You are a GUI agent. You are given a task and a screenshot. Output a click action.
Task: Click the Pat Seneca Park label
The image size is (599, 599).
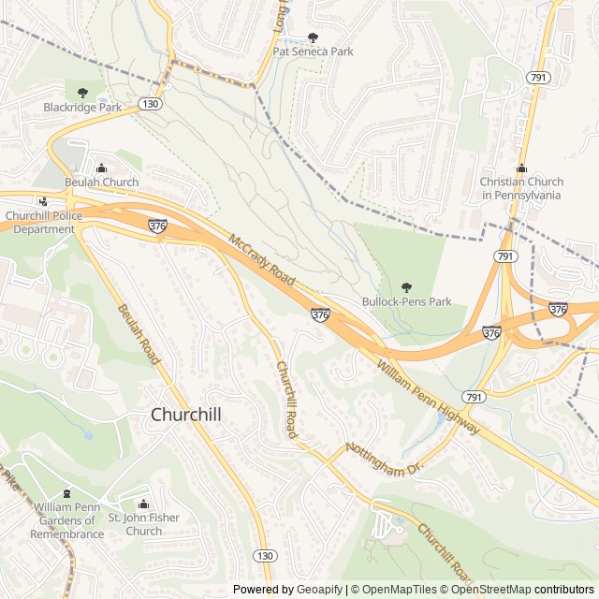[313, 51]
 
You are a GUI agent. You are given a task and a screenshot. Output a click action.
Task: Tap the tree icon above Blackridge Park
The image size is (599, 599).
[82, 93]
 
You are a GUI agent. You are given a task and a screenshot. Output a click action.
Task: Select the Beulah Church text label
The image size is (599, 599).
[101, 182]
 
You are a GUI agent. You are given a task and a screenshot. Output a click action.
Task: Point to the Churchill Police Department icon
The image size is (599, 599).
[43, 200]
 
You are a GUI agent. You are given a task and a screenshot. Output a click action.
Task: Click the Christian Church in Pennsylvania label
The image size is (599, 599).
[521, 188]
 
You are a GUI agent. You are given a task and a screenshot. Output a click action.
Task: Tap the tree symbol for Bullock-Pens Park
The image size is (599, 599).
[406, 287]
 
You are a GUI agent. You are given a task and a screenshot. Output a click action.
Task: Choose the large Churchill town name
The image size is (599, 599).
[186, 414]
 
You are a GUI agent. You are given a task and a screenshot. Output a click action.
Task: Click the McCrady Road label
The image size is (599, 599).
[262, 261]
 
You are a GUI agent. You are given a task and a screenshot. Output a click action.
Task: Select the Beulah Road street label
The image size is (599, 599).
[139, 335]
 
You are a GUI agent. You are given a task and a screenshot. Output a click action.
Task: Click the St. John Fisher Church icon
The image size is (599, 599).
[143, 504]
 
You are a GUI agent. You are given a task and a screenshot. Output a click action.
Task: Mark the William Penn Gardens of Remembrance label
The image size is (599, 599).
[66, 520]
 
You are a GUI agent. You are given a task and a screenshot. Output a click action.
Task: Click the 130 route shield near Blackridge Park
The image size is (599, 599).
[151, 104]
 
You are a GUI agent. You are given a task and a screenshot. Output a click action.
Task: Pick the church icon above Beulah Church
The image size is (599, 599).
[101, 168]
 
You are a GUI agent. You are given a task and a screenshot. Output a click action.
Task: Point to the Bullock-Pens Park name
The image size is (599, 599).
[406, 302]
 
